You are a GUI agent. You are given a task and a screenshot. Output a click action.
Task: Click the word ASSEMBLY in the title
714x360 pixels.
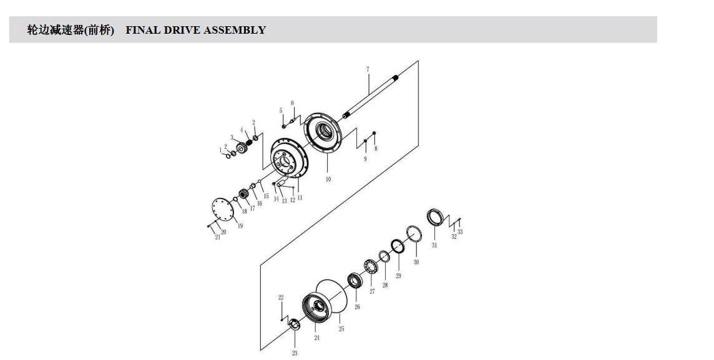click(x=235, y=30)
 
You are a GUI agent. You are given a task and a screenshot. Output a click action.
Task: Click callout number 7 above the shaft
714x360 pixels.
click(x=368, y=70)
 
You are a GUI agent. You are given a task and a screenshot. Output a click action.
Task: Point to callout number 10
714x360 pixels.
click(x=328, y=179)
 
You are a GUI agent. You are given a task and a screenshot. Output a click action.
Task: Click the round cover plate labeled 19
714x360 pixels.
click(x=223, y=210)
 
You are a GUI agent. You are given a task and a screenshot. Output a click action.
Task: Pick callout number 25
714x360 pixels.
click(x=341, y=329)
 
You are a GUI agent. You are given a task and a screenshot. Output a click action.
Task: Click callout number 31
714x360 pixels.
click(x=434, y=245)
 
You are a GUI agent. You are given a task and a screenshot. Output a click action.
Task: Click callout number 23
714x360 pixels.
click(x=295, y=353)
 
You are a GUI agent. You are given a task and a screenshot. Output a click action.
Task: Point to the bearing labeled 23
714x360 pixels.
click(x=295, y=324)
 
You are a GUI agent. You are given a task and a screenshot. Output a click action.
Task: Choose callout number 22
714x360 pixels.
click(x=281, y=298)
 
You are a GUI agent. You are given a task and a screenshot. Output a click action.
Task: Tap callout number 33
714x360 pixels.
click(x=460, y=231)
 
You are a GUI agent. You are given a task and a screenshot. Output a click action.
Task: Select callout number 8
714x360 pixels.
click(x=376, y=148)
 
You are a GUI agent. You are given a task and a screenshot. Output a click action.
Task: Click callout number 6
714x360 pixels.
click(x=292, y=104)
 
